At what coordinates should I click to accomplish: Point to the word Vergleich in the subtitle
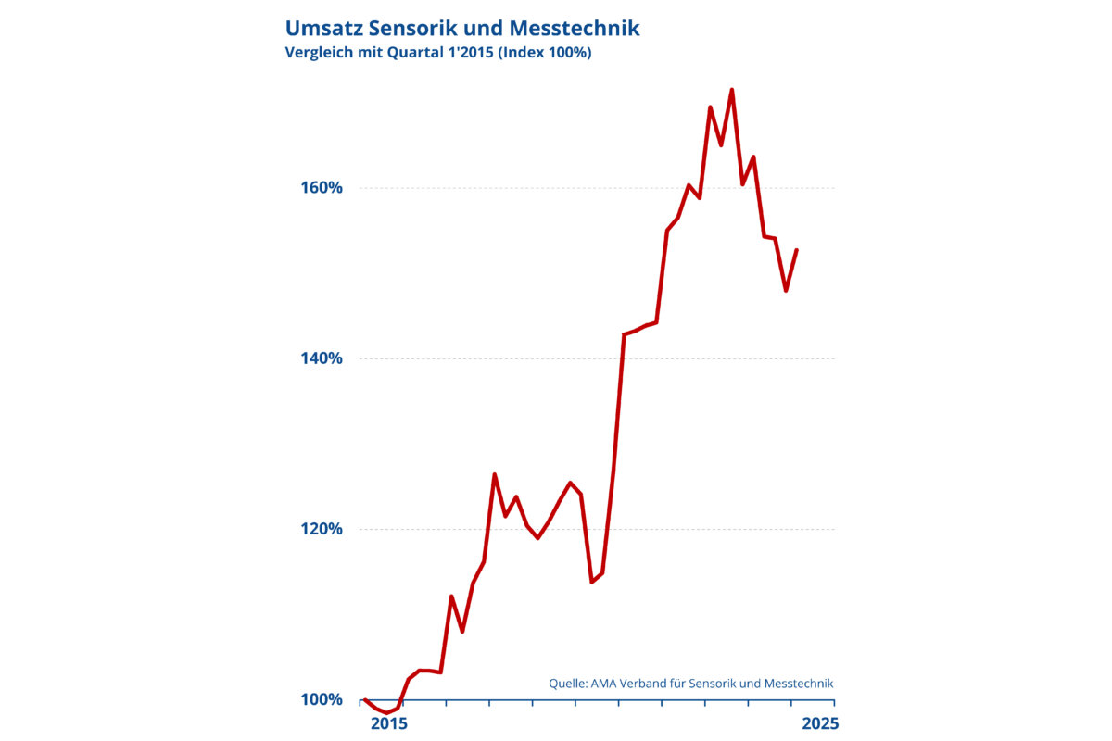coord(321,53)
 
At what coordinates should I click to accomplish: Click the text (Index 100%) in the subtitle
coord(544,53)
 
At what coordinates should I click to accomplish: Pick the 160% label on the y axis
coord(323,188)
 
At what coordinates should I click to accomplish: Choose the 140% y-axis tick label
coord(323,358)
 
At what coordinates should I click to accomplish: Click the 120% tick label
coord(323,529)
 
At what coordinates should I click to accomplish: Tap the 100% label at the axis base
coord(323,699)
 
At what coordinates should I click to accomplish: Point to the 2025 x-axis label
coord(816,722)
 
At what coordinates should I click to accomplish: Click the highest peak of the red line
coord(732,90)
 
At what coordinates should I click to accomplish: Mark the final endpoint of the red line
coord(797,249)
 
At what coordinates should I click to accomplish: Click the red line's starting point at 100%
coord(365,699)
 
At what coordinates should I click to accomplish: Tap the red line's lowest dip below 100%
coord(386,713)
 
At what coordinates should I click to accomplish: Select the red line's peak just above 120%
coord(495,474)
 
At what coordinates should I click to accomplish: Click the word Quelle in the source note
coord(567,684)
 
